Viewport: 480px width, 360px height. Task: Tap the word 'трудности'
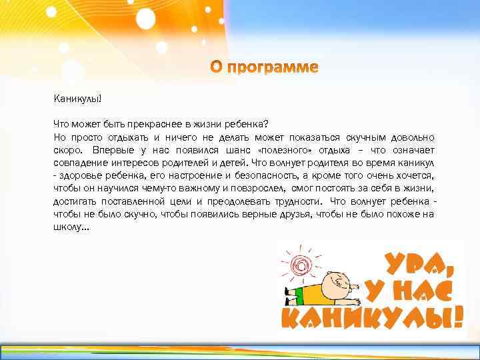pyautogui.click(x=291, y=201)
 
